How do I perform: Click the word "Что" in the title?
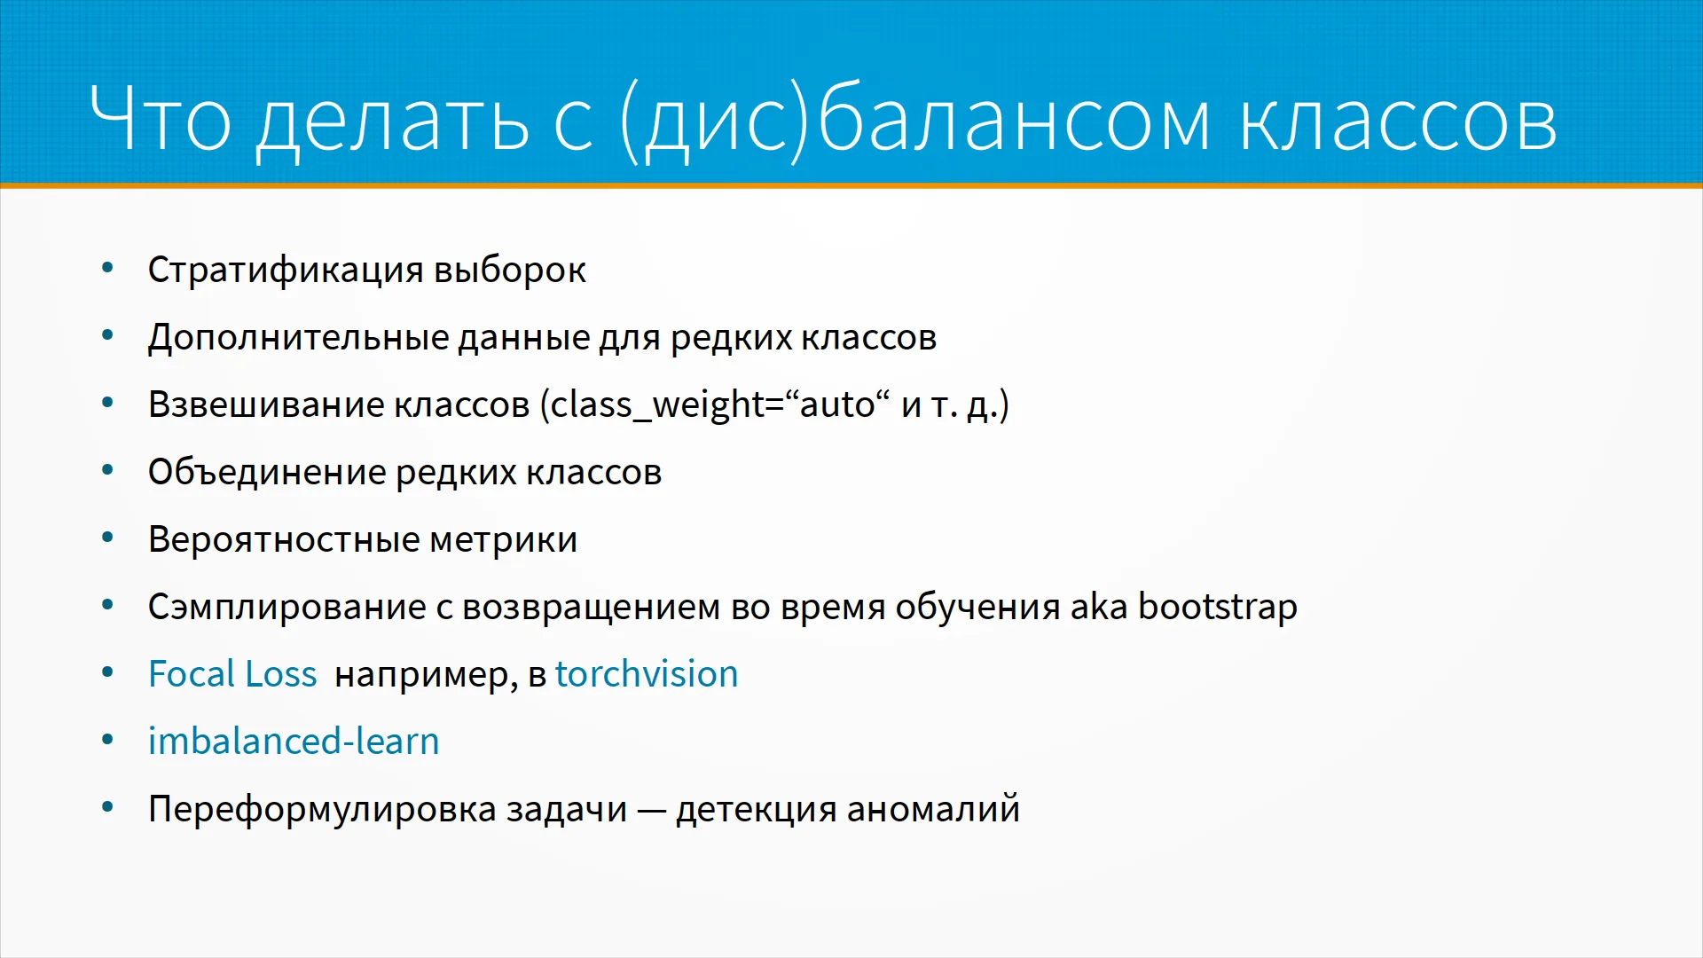tap(161, 118)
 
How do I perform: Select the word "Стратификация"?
tap(286, 271)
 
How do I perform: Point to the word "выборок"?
tap(510, 270)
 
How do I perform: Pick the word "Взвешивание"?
tap(265, 405)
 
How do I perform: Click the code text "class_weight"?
tap(657, 405)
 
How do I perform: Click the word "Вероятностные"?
tap(284, 540)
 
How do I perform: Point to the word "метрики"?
tap(504, 540)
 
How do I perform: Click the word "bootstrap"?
tap(1218, 607)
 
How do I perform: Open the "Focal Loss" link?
tap(232, 674)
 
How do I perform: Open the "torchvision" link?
tap(647, 674)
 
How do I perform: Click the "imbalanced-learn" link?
tap(294, 741)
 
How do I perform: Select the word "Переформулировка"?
tap(322, 810)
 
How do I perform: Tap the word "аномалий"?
tap(933, 809)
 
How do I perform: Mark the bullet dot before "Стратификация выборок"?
tap(108, 268)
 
